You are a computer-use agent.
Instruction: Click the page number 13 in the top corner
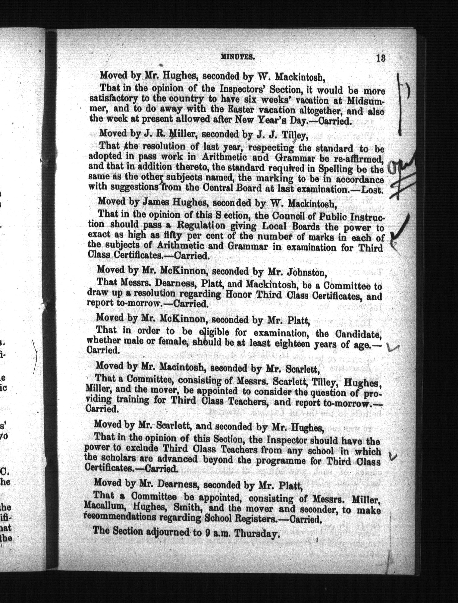(x=381, y=58)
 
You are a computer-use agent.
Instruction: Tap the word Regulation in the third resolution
(x=202, y=225)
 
